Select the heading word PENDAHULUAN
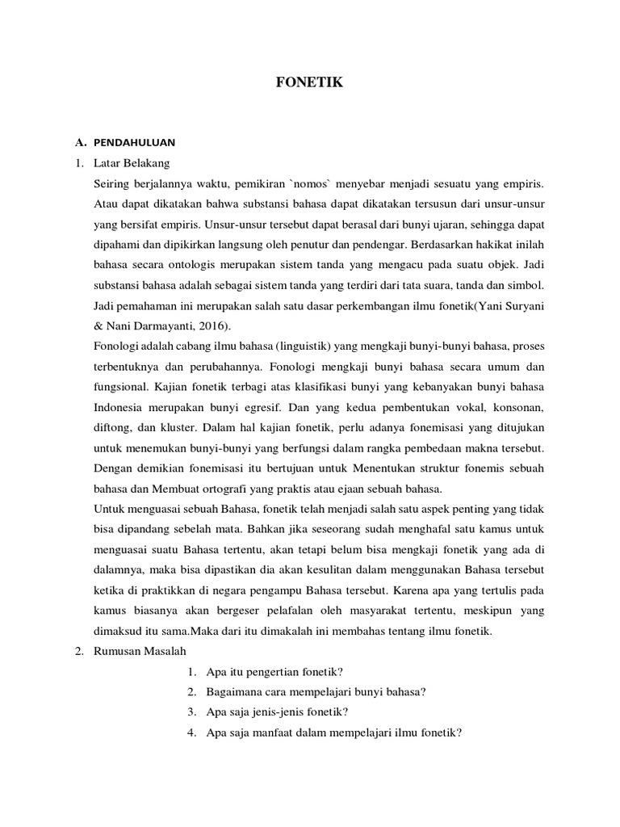tap(134, 142)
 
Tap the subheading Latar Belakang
tap(129, 162)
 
